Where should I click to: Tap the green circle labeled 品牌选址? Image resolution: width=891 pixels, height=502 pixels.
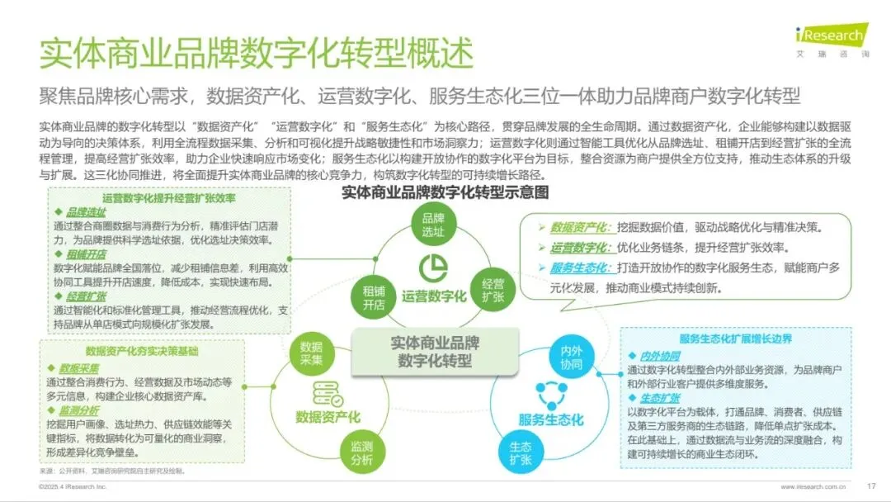point(434,225)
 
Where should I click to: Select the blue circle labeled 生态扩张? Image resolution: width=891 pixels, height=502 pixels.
point(515,452)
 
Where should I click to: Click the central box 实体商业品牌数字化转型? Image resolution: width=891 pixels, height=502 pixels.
point(435,352)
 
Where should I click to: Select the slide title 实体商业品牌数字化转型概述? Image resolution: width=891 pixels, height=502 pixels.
point(257,54)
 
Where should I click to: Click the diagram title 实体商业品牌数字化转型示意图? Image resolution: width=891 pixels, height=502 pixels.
point(445,192)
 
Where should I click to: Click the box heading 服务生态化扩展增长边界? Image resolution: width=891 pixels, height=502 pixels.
point(736,339)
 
